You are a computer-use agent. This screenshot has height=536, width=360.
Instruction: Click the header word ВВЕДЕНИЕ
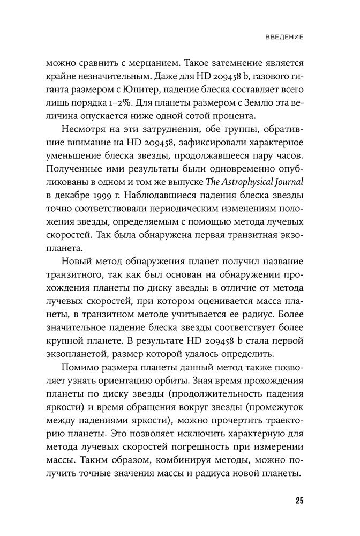coord(285,38)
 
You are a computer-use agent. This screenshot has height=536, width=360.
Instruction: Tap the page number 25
coord(299,501)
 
